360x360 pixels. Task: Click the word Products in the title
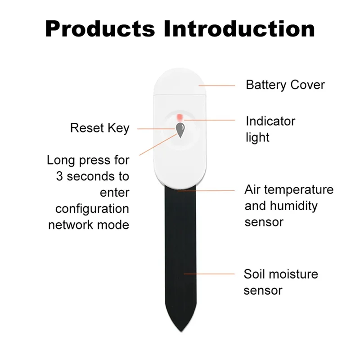(x=100, y=29)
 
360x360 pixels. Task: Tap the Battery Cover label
(x=285, y=85)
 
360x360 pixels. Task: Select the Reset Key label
(x=99, y=128)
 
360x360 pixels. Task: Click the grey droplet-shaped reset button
(x=180, y=130)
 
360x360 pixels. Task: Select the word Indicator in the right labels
(x=270, y=121)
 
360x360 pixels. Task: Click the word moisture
(x=293, y=274)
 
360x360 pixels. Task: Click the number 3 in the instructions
(x=59, y=176)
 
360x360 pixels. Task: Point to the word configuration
(x=92, y=209)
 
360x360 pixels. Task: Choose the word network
(x=72, y=225)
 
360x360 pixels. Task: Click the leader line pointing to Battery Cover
(x=217, y=85)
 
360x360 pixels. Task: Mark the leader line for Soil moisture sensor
(x=210, y=273)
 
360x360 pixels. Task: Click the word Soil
(x=254, y=274)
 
